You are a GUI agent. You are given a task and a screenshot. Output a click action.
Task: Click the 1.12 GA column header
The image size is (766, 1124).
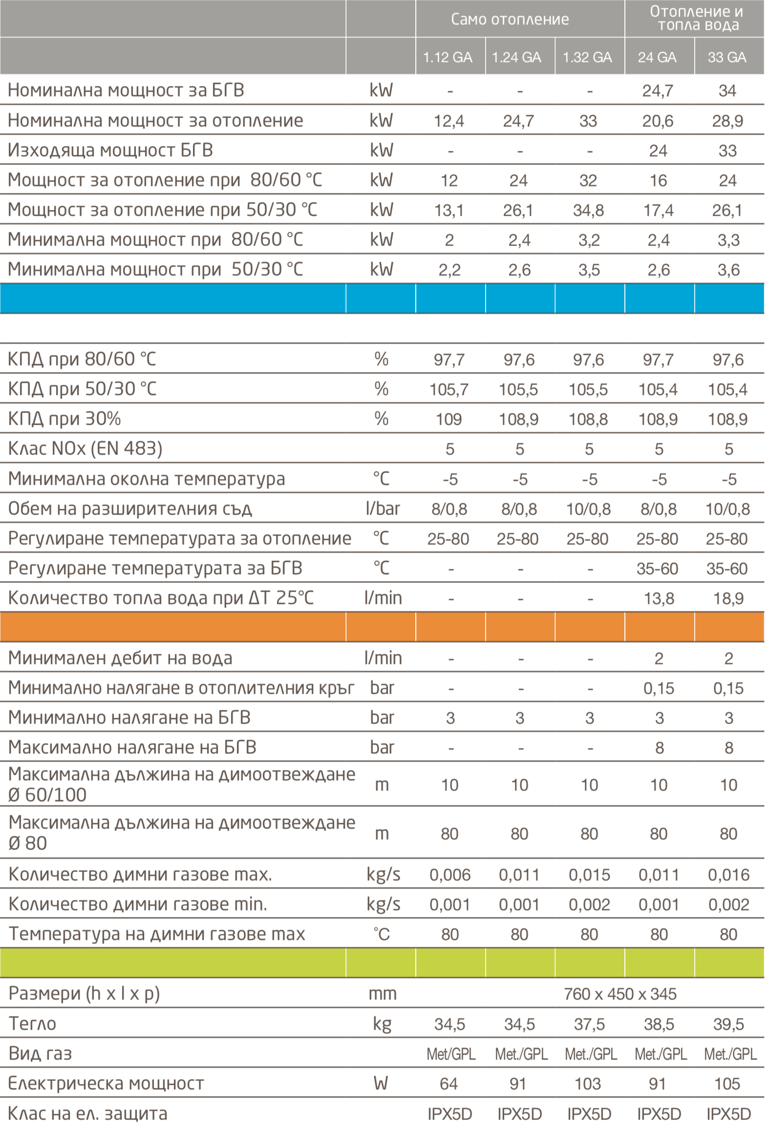447,57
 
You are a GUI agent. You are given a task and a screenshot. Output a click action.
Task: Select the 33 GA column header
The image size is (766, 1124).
727,57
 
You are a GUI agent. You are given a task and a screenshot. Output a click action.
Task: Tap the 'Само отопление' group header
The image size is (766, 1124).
510,19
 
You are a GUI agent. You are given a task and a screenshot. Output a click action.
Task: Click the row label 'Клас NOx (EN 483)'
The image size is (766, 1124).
85,448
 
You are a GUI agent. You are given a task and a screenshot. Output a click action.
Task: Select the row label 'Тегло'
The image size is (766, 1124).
32,1023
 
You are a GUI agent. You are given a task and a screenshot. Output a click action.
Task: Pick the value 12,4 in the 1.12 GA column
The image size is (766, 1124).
449,121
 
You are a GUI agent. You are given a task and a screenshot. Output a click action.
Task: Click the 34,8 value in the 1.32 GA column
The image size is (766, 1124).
588,210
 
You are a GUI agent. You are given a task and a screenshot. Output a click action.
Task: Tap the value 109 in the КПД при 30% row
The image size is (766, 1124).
448,419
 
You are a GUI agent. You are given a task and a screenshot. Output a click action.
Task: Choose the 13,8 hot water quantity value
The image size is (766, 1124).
659,598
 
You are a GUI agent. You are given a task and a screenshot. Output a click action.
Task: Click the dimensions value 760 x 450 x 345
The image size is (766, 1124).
620,994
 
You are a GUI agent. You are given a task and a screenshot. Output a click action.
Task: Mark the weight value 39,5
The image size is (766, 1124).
728,1024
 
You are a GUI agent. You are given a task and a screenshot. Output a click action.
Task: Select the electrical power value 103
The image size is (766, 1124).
588,1083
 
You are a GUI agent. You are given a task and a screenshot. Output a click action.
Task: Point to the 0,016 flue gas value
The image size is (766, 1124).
728,874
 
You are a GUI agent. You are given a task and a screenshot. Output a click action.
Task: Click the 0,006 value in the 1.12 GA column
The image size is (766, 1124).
449,874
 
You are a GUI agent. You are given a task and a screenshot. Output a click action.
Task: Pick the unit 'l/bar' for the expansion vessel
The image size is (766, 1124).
382,508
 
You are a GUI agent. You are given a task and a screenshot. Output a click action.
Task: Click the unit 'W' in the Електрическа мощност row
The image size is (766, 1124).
381,1083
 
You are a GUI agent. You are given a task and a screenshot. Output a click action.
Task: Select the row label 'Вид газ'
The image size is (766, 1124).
40,1053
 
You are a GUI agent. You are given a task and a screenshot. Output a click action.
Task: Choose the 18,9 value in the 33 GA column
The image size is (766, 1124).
728,598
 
